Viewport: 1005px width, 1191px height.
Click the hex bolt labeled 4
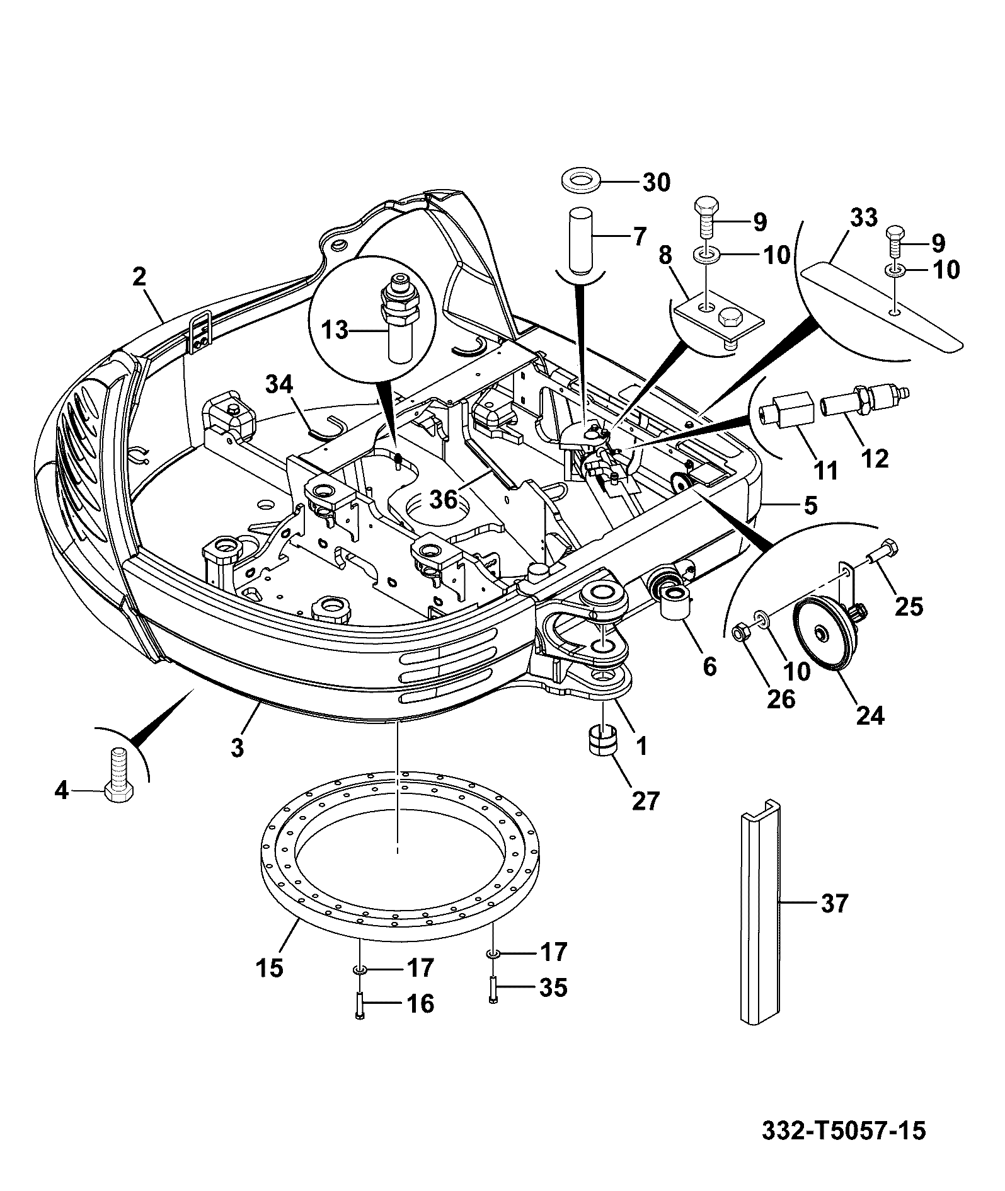click(118, 774)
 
